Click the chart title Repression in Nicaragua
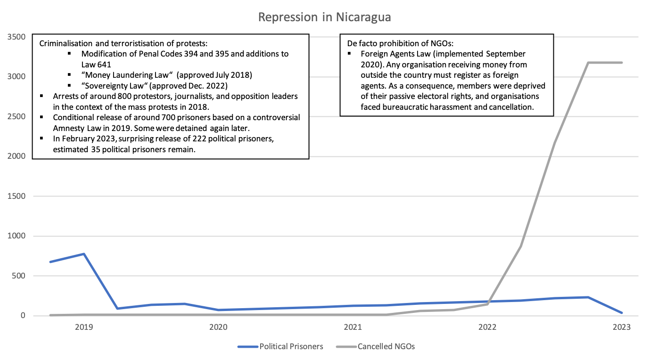325,17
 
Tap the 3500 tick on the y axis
16,37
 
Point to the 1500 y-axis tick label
16,196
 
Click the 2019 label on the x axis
84,327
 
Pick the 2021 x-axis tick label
353,327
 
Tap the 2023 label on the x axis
621,327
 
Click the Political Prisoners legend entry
291,346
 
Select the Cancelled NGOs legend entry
386,346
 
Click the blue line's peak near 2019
84,254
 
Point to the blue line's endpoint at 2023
622,313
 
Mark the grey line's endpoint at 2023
622,63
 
